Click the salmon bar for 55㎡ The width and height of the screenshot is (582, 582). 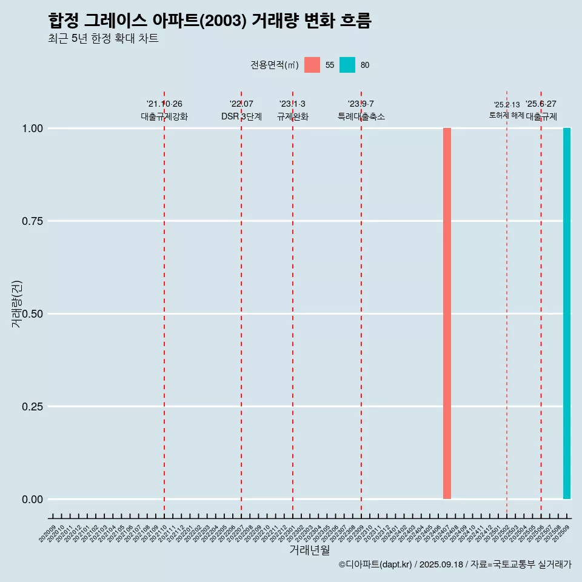click(447, 313)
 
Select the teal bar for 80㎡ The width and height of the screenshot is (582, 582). click(567, 313)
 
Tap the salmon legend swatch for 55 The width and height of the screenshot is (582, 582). click(312, 65)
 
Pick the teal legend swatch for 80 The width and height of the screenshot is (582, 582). click(347, 65)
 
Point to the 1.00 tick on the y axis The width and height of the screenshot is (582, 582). click(32, 129)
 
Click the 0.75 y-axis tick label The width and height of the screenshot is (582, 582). click(32, 221)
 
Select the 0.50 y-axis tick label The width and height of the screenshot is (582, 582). click(32, 314)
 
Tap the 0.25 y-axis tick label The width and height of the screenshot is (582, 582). click(32, 407)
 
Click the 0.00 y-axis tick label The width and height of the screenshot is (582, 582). click(32, 500)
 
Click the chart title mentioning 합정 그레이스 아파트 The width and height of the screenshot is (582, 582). click(209, 21)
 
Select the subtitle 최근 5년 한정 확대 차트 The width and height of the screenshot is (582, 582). click(103, 39)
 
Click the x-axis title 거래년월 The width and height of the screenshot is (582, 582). click(310, 550)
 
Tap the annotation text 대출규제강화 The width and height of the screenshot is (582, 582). click(164, 116)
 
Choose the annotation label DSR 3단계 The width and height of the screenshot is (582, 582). click(241, 116)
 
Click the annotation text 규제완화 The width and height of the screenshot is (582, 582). click(293, 116)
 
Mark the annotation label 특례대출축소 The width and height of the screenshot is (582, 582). click(361, 116)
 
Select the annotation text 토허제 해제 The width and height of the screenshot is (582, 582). click(506, 115)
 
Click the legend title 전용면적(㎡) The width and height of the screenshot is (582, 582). click(274, 65)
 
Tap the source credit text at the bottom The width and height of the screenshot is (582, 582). click(455, 564)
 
